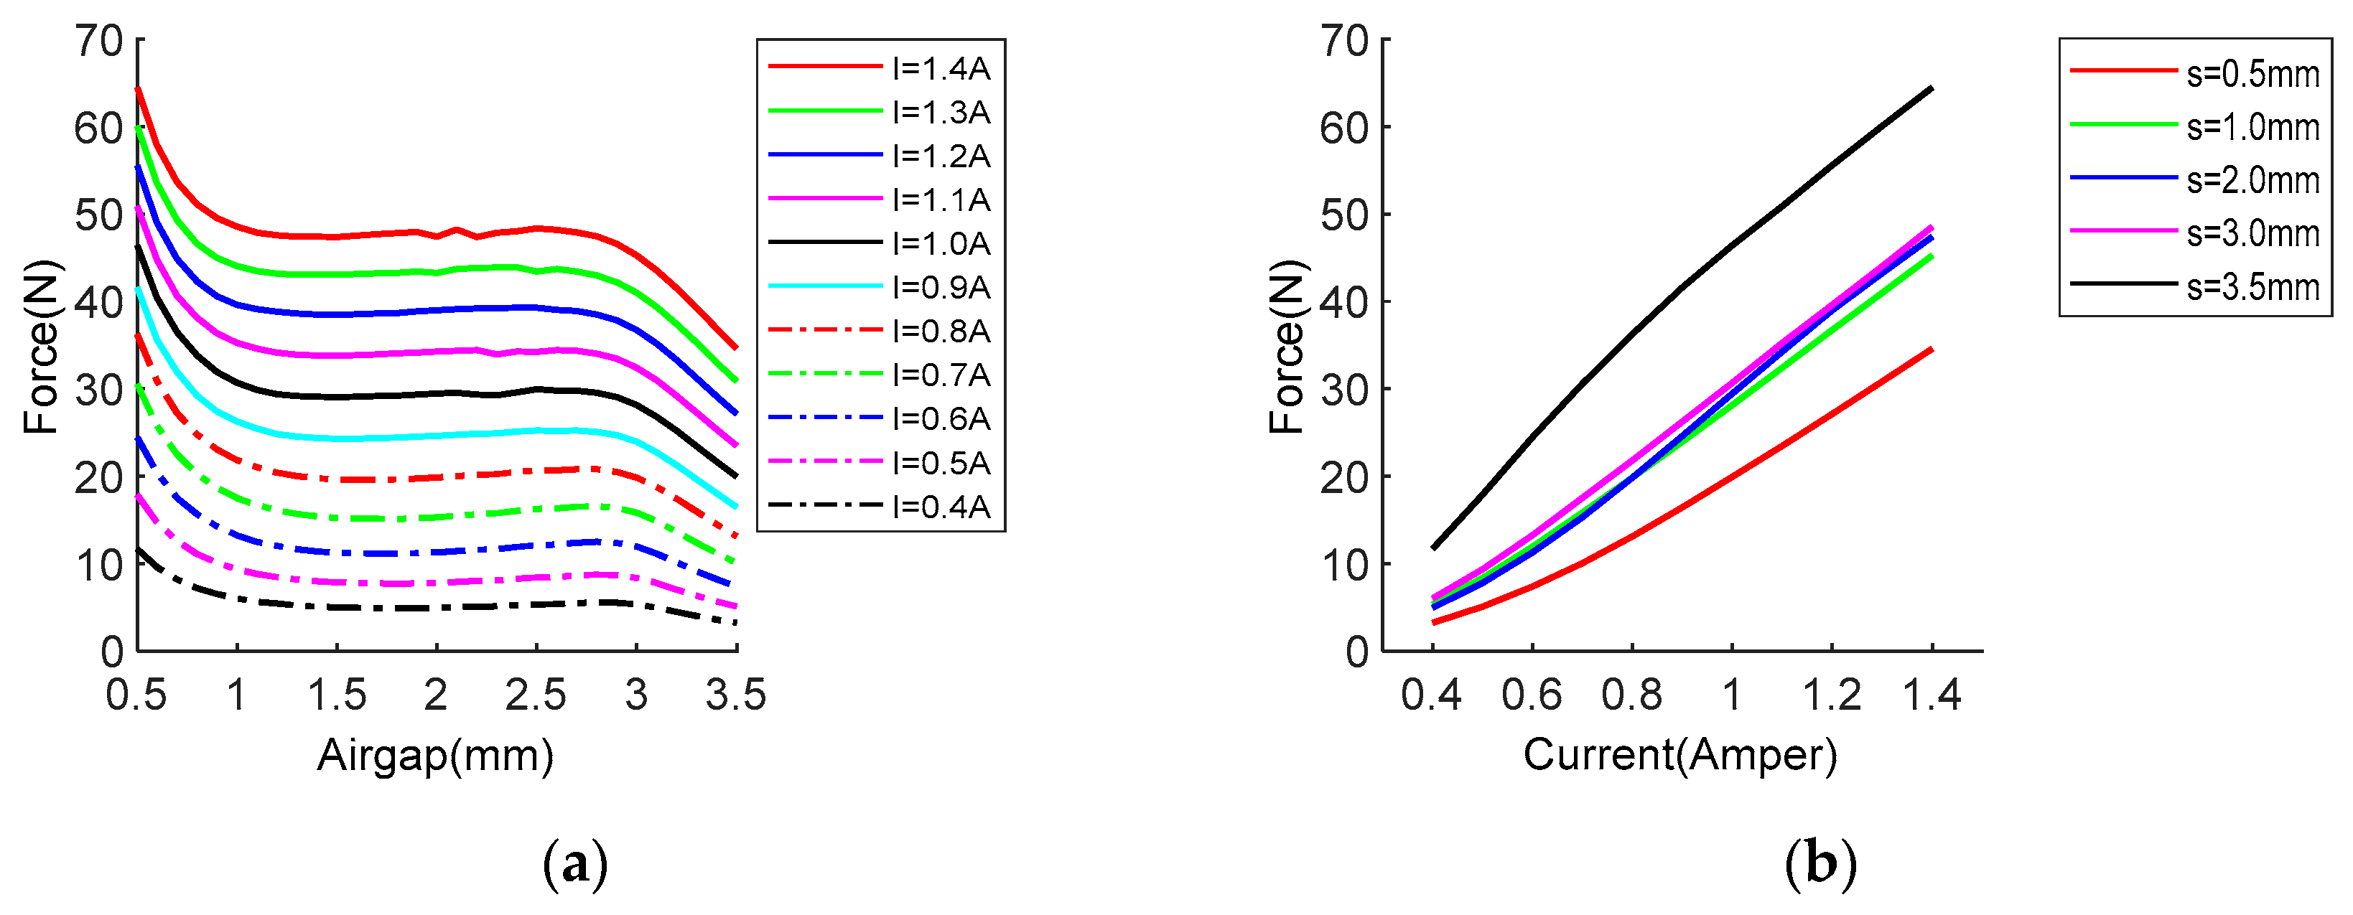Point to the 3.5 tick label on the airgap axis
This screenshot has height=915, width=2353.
coord(735,696)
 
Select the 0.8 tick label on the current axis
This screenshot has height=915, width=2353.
coord(1631,696)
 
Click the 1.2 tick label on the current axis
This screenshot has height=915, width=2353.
coord(1832,696)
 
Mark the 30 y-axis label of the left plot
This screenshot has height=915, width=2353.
coord(98,390)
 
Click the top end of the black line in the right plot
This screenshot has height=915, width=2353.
coord(1931,88)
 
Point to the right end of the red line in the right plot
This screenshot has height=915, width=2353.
coord(1931,349)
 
